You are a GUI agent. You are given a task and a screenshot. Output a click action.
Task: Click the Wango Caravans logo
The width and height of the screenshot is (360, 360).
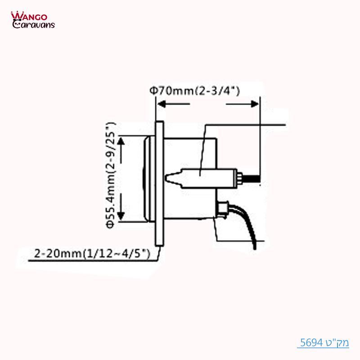(x=33, y=20)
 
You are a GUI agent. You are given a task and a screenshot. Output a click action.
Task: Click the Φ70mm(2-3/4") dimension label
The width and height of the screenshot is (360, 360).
(x=194, y=91)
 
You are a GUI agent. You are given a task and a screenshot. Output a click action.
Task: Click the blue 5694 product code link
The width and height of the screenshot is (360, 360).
(x=324, y=343)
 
